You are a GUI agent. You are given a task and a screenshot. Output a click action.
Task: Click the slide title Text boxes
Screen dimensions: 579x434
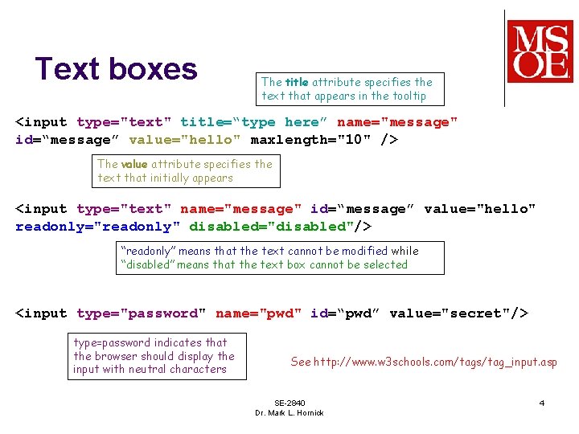pos(117,69)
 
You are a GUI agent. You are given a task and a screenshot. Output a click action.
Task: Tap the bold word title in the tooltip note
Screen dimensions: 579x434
pos(297,82)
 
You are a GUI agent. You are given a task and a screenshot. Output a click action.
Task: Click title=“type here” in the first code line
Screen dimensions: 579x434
pos(254,122)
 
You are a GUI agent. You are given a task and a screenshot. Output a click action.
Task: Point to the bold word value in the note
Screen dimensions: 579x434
pos(133,164)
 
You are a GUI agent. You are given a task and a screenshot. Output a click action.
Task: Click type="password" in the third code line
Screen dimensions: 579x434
pos(142,313)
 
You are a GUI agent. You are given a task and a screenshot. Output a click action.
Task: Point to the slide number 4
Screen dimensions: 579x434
pos(542,403)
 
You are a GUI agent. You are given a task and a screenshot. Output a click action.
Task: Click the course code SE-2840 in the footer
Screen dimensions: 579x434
pos(289,403)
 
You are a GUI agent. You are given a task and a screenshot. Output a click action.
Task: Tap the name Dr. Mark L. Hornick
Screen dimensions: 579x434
pos(289,413)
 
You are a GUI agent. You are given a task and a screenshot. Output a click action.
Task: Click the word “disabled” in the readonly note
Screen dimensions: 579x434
pos(147,264)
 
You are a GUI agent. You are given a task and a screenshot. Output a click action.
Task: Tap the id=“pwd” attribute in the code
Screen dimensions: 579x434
pos(346,313)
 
